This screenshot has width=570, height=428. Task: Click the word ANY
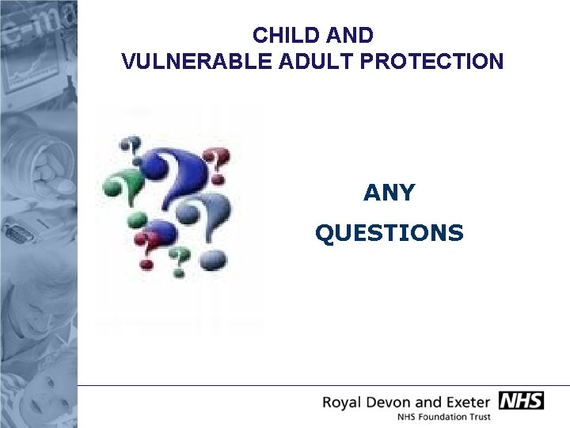(389, 193)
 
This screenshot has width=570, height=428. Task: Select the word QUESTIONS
(389, 233)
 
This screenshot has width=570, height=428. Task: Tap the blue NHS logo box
(521, 400)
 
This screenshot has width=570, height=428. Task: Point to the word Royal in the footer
(344, 402)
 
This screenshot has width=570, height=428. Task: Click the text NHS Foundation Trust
(443, 417)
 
